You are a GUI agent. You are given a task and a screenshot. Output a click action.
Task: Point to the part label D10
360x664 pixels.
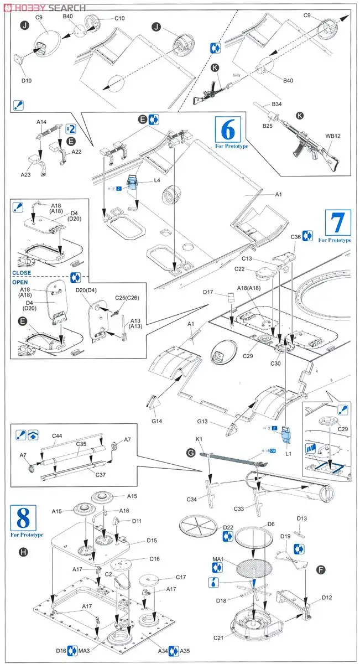(x=26, y=80)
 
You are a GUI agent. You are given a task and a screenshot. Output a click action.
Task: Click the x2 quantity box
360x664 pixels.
(x=71, y=128)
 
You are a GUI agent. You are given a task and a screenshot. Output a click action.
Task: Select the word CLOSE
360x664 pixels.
(x=22, y=273)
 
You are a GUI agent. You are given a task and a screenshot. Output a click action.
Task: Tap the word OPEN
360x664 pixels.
(x=20, y=282)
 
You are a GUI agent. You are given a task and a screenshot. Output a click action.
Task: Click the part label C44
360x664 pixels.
(x=58, y=436)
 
